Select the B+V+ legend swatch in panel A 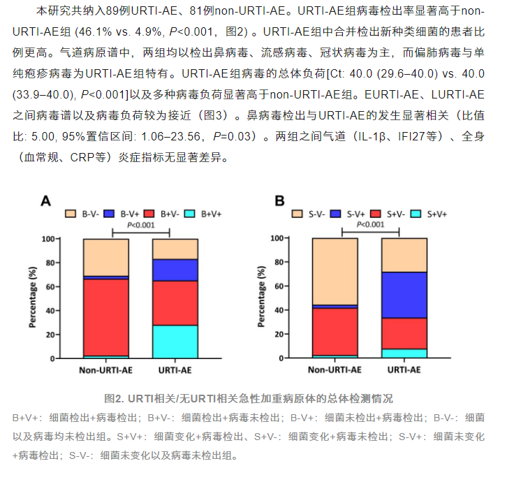pos(196,213)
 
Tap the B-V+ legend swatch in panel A pos(112,213)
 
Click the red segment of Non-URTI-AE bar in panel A pos(105,317)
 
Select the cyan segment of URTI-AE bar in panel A pos(175,341)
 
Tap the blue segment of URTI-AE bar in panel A pos(175,270)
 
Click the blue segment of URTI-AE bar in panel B pos(404,295)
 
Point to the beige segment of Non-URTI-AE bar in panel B pos(335,271)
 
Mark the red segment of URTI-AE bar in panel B pos(404,333)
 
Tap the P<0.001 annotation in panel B pos(370,224)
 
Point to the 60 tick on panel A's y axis pos(68,286)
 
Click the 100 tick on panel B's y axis pos(294,238)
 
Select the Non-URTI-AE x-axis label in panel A pos(105,370)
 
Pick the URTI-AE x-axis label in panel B pos(404,370)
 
